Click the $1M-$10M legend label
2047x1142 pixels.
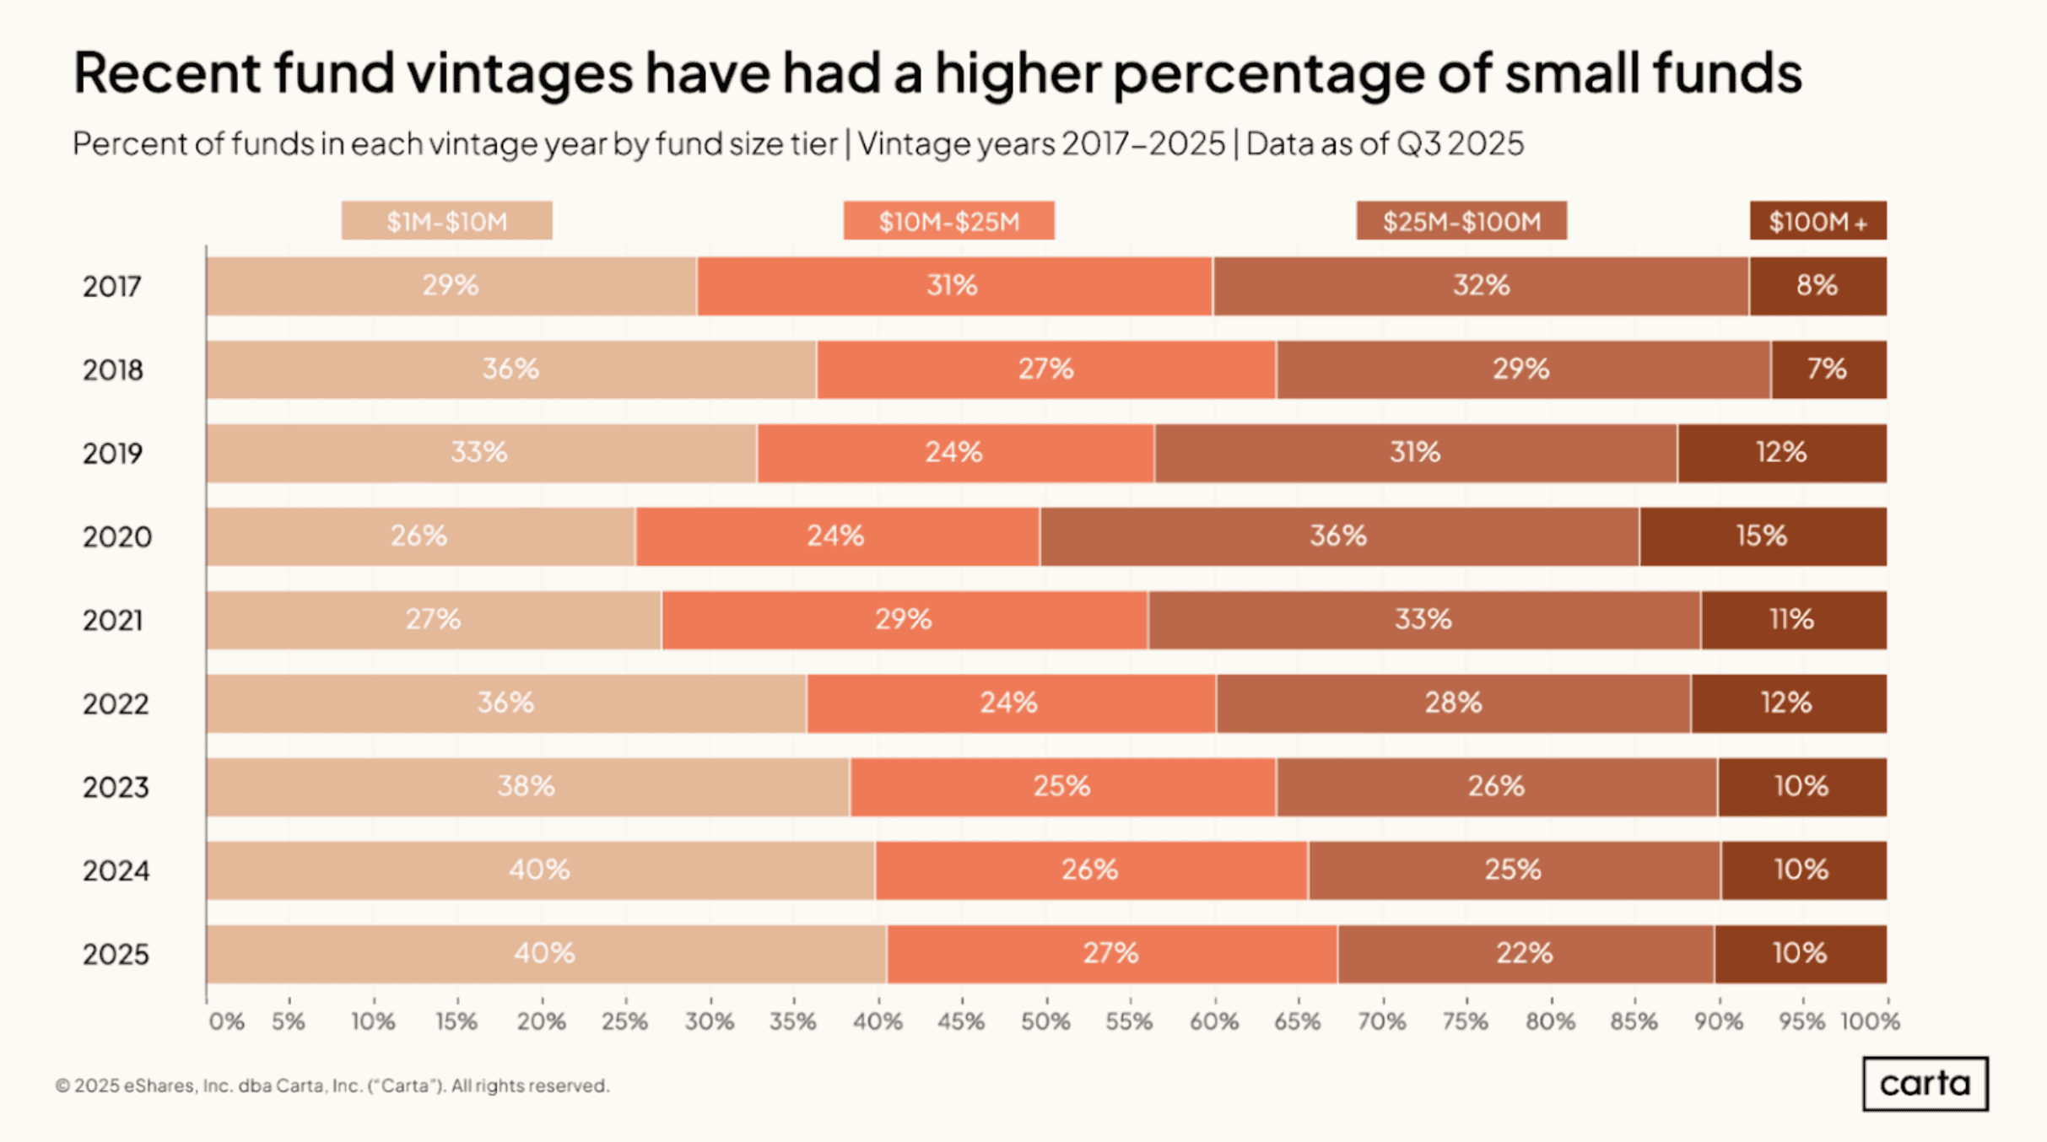click(446, 221)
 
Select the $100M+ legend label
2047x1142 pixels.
click(1817, 221)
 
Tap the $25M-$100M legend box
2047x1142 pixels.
click(1461, 221)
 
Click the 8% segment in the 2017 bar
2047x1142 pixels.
click(1817, 286)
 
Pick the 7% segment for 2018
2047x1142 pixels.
click(1828, 369)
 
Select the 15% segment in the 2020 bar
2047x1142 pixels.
click(1763, 536)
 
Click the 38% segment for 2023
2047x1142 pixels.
click(527, 787)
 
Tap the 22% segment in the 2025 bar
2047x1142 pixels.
click(1525, 954)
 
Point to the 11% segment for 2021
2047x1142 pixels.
click(1793, 620)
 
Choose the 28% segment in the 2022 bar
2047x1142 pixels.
click(1453, 703)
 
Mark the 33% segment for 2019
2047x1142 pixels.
click(480, 453)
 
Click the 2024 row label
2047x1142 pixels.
click(116, 870)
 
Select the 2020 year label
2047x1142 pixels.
click(117, 536)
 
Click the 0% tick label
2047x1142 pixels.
click(226, 1022)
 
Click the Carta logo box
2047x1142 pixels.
click(1925, 1084)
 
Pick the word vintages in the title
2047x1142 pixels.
click(519, 73)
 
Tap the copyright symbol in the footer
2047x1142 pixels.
click(62, 1085)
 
